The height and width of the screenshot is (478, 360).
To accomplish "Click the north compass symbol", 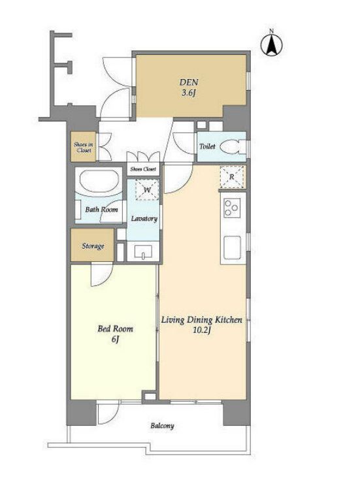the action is pos(271,44).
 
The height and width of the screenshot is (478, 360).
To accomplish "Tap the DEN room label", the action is pos(189,82).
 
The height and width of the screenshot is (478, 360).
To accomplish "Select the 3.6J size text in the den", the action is pos(188,93).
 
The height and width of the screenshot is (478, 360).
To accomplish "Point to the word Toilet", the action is pos(208,146).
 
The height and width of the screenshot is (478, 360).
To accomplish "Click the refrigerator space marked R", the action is pos(232,177).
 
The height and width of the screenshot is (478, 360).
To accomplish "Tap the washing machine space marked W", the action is pos(148,189).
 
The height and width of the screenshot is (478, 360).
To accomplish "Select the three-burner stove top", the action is pos(231,208).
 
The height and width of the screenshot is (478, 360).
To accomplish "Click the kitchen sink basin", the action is pos(233,247).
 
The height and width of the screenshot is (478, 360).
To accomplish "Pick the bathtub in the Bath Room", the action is pos(99,182).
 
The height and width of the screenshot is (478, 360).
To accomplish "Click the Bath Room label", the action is pos(101,210).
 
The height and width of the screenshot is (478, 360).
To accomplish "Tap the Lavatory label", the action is pos(144,219).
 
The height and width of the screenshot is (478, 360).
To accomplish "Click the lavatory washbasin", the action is pos(143,251).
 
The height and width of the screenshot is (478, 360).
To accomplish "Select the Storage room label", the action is pos(93,246).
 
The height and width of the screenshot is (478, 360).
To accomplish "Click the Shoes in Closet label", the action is pos(84,148).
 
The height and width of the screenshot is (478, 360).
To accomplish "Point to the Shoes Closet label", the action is pos(143,169).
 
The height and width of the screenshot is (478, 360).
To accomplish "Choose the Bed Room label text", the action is pos(116,328).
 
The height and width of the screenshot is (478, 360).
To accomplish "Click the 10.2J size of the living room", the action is pos(203,330).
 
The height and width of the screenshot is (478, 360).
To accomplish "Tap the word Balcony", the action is pos(162,426).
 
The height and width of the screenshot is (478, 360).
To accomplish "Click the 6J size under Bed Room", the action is pos(115,340).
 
